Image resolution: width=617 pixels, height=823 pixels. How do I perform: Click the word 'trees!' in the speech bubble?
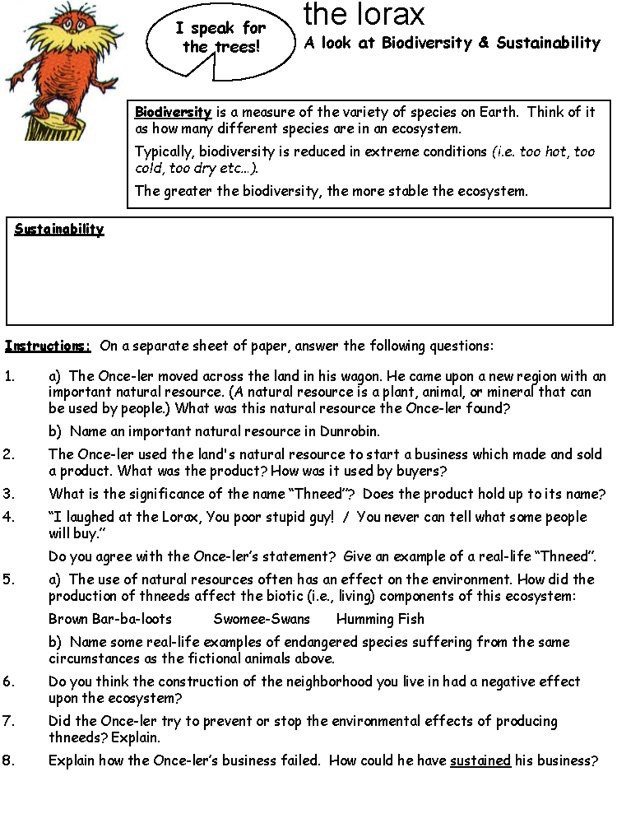pyautogui.click(x=238, y=47)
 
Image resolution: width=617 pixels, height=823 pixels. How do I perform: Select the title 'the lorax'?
pyautogui.click(x=364, y=14)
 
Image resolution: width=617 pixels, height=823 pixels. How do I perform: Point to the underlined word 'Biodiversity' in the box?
pyautogui.click(x=173, y=112)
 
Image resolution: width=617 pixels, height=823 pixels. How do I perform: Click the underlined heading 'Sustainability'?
pyautogui.click(x=59, y=229)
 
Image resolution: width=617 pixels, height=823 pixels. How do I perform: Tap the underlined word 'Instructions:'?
pyautogui.click(x=48, y=346)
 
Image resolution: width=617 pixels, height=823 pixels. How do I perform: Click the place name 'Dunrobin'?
pyautogui.click(x=348, y=431)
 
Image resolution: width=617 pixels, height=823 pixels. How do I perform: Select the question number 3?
pyautogui.click(x=8, y=494)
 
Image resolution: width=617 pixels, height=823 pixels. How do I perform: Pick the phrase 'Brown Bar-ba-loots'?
pyautogui.click(x=110, y=619)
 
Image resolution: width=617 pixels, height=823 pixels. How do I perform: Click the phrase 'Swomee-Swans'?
pyautogui.click(x=261, y=619)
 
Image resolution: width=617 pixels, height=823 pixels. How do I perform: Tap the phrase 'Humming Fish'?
pyautogui.click(x=380, y=619)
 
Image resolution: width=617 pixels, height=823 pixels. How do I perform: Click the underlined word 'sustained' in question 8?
pyautogui.click(x=480, y=760)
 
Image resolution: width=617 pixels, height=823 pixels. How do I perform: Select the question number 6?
pyautogui.click(x=8, y=682)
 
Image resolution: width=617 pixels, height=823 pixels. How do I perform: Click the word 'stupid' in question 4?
pyautogui.click(x=285, y=516)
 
